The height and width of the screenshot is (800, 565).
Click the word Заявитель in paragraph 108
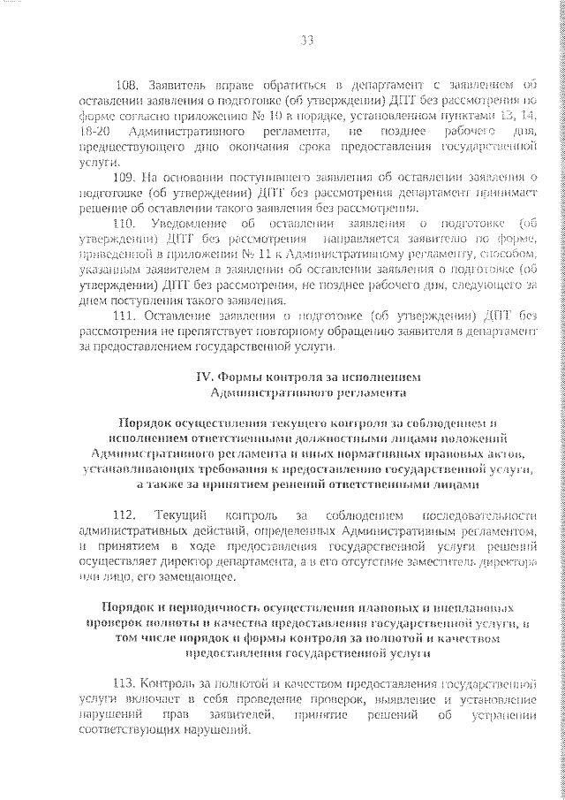point(177,85)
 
